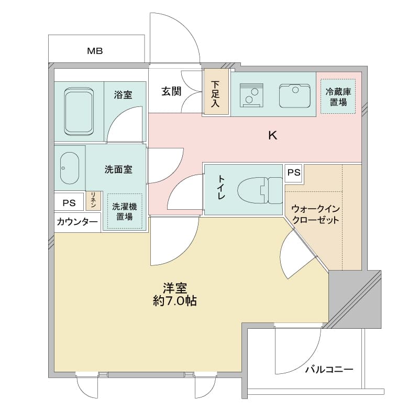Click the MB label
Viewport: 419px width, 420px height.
[x=95, y=51]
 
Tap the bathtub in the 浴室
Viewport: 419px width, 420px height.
[x=79, y=112]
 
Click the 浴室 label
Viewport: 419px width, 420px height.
[x=123, y=94]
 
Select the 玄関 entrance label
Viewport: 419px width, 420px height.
[x=171, y=91]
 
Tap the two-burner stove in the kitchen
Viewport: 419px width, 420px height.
[x=251, y=95]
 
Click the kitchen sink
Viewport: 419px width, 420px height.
[x=294, y=96]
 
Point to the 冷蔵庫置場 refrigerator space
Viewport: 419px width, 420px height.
[x=338, y=96]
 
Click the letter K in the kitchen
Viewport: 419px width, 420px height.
[x=273, y=136]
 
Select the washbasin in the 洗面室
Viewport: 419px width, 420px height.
[x=70, y=168]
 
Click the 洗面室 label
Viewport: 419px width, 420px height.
[x=118, y=169]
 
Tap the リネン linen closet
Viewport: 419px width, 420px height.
[x=93, y=200]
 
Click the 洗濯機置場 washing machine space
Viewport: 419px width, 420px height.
[x=125, y=211]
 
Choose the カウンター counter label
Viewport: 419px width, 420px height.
[x=77, y=222]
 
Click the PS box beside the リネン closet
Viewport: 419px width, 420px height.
[x=69, y=203]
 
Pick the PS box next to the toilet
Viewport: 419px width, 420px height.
[x=294, y=173]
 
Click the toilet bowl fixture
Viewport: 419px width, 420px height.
[x=260, y=190]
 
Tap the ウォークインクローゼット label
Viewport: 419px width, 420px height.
[x=316, y=214]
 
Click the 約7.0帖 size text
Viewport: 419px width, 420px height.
[x=175, y=301]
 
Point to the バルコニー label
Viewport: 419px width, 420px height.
[x=329, y=370]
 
